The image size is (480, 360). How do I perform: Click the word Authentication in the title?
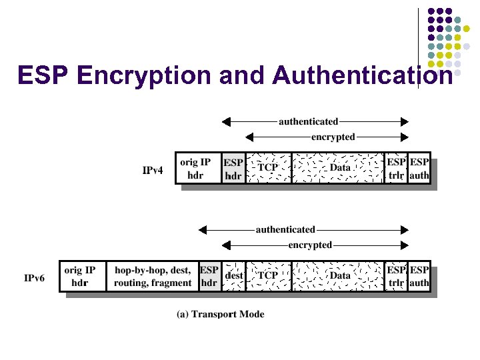pyautogui.click(x=363, y=75)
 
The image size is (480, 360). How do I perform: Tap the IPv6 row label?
pyautogui.click(x=35, y=277)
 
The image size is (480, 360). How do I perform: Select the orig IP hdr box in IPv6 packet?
pyautogui.click(x=81, y=276)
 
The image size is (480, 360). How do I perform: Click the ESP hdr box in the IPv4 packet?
pyautogui.click(x=233, y=169)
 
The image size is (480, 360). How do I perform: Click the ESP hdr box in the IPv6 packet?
pyautogui.click(x=209, y=276)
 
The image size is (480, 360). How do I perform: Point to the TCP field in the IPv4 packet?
pyautogui.click(x=268, y=168)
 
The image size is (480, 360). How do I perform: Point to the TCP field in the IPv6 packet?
pyautogui.click(x=268, y=275)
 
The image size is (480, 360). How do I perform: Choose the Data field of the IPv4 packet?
pyautogui.click(x=339, y=168)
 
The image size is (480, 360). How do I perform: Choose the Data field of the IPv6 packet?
pyautogui.click(x=339, y=275)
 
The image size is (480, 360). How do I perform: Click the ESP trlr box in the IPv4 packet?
pyautogui.click(x=396, y=169)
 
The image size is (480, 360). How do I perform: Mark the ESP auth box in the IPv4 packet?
pyautogui.click(x=419, y=169)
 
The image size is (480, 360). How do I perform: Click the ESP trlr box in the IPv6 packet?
pyautogui.click(x=396, y=276)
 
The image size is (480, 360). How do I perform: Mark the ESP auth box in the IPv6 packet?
pyautogui.click(x=419, y=276)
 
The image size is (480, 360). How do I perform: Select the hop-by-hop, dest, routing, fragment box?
pyautogui.click(x=153, y=276)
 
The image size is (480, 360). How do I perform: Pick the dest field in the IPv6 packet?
pyautogui.click(x=233, y=275)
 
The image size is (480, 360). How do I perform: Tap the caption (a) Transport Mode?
pyautogui.click(x=220, y=314)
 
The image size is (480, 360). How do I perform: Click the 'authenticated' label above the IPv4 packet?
pyautogui.click(x=308, y=121)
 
